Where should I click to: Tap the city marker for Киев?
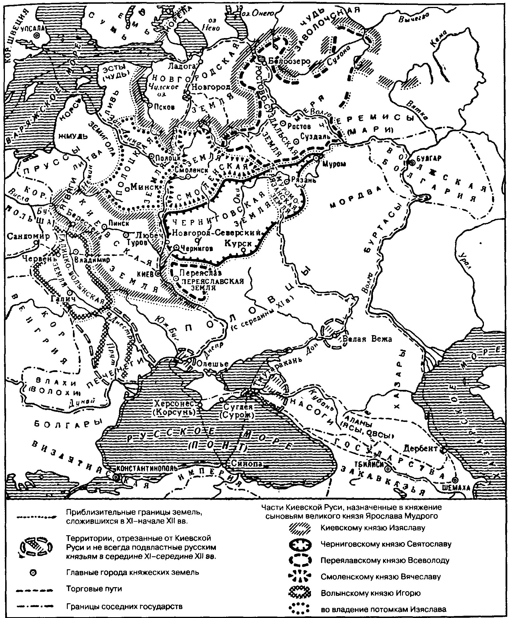(157, 273)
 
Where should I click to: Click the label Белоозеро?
(289, 61)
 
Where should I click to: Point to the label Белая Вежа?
(367, 339)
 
